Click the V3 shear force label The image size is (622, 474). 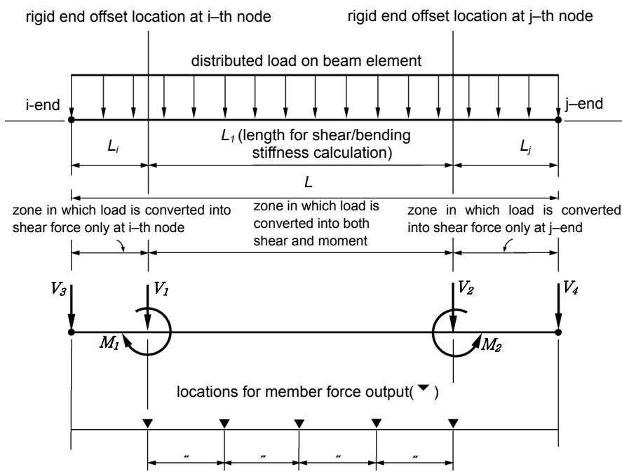click(58, 288)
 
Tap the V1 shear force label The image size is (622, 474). click(161, 288)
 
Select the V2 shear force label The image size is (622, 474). click(466, 287)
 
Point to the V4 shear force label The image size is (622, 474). click(570, 287)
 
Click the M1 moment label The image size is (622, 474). click(109, 342)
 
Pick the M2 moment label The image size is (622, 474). click(491, 345)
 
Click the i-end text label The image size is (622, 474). click(43, 105)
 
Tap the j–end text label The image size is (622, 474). click(584, 104)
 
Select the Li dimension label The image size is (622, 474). click(113, 147)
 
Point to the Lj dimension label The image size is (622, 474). click(526, 147)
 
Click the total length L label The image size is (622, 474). click(309, 182)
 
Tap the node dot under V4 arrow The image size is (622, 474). click(558, 332)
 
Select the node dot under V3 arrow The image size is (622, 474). click(71, 332)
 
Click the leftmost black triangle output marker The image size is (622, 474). click(147, 424)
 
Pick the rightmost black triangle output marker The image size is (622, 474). click(453, 424)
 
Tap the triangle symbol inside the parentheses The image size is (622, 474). click(424, 388)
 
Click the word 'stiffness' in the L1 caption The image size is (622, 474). click(276, 153)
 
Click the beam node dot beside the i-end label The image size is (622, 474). click(71, 119)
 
